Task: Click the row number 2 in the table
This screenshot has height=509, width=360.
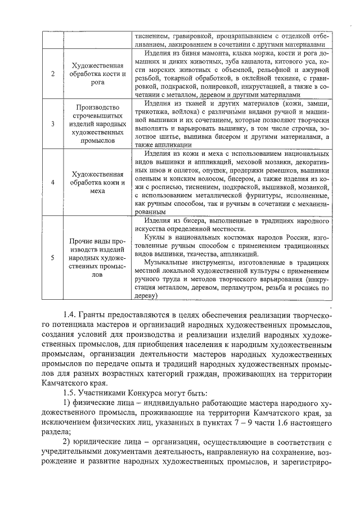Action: coord(52,74)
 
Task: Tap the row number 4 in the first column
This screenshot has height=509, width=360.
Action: coord(52,183)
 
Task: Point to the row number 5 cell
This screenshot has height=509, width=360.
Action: coord(52,258)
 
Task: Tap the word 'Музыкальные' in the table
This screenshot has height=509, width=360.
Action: coord(168,263)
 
